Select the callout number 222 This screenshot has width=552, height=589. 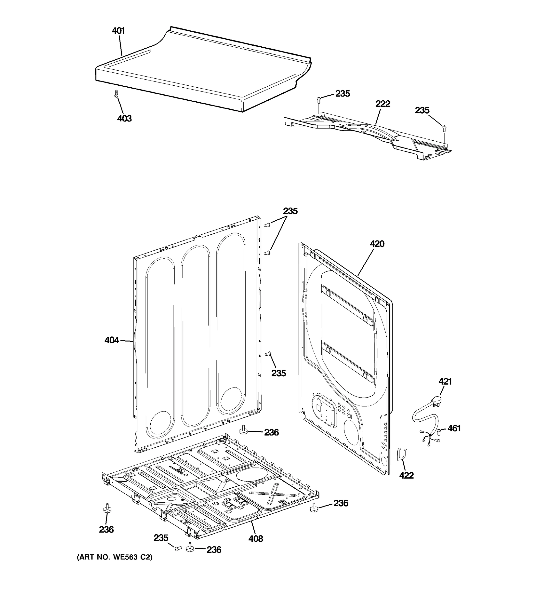(x=383, y=104)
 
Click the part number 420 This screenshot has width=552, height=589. (x=377, y=244)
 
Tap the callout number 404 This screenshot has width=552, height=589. (x=111, y=340)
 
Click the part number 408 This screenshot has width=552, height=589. (x=255, y=539)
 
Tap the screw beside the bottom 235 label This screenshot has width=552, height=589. (x=178, y=549)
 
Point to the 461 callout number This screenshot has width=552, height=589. (x=454, y=428)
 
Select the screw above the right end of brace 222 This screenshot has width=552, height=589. (x=444, y=128)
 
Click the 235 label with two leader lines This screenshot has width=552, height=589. (x=290, y=211)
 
